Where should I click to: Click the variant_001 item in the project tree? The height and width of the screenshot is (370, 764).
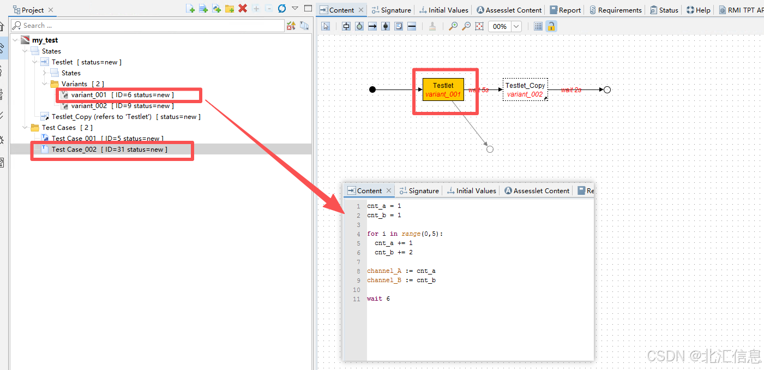(89, 95)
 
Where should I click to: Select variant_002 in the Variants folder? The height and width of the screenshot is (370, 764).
(89, 106)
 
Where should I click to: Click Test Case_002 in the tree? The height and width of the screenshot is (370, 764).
(74, 150)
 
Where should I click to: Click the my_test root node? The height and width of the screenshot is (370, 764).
(45, 40)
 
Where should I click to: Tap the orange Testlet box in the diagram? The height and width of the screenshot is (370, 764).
(443, 89)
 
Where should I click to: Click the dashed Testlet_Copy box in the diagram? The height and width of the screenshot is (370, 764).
(525, 89)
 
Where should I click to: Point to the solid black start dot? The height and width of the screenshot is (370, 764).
(372, 89)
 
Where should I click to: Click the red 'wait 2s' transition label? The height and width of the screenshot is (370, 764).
(571, 89)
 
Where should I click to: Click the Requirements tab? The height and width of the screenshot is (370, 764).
(619, 10)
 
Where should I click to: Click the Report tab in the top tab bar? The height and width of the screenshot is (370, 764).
(569, 10)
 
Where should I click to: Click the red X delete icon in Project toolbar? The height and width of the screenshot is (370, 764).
(243, 9)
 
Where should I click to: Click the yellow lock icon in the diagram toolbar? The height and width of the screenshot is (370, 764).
(551, 26)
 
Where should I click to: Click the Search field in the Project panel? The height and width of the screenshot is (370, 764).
(147, 26)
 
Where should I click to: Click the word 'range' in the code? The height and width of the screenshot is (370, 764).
(411, 234)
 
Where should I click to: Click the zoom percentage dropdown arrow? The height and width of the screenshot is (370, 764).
(516, 26)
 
